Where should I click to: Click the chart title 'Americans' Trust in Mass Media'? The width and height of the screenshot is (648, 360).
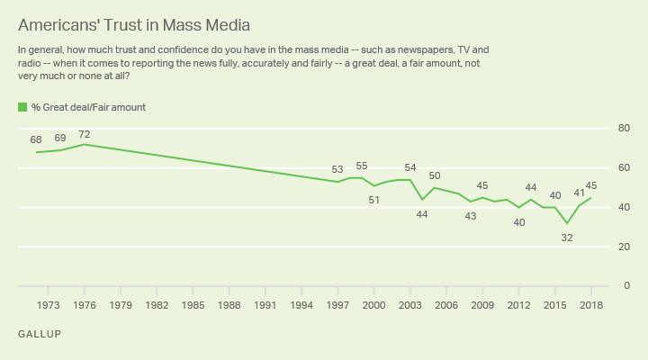[x=134, y=23]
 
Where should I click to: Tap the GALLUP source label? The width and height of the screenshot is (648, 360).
[x=40, y=334]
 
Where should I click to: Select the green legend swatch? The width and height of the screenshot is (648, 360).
[x=22, y=107]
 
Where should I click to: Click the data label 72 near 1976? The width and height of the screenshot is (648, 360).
[x=85, y=134]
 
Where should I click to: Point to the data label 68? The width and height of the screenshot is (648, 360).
[x=36, y=140]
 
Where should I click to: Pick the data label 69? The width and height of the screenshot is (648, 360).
[x=60, y=139]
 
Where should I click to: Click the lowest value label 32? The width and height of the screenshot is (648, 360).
[x=567, y=238]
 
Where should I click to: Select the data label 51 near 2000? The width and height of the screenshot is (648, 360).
[x=373, y=200]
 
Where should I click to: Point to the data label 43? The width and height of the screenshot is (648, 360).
[x=470, y=216]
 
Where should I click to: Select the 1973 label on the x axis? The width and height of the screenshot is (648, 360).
[x=49, y=305]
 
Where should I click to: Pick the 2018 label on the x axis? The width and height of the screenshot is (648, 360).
[x=591, y=305]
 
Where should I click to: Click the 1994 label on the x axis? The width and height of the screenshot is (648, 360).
[x=301, y=305]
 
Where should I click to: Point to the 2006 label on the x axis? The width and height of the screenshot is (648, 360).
[x=446, y=305]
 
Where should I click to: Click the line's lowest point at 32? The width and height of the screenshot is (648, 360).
[x=567, y=223]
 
